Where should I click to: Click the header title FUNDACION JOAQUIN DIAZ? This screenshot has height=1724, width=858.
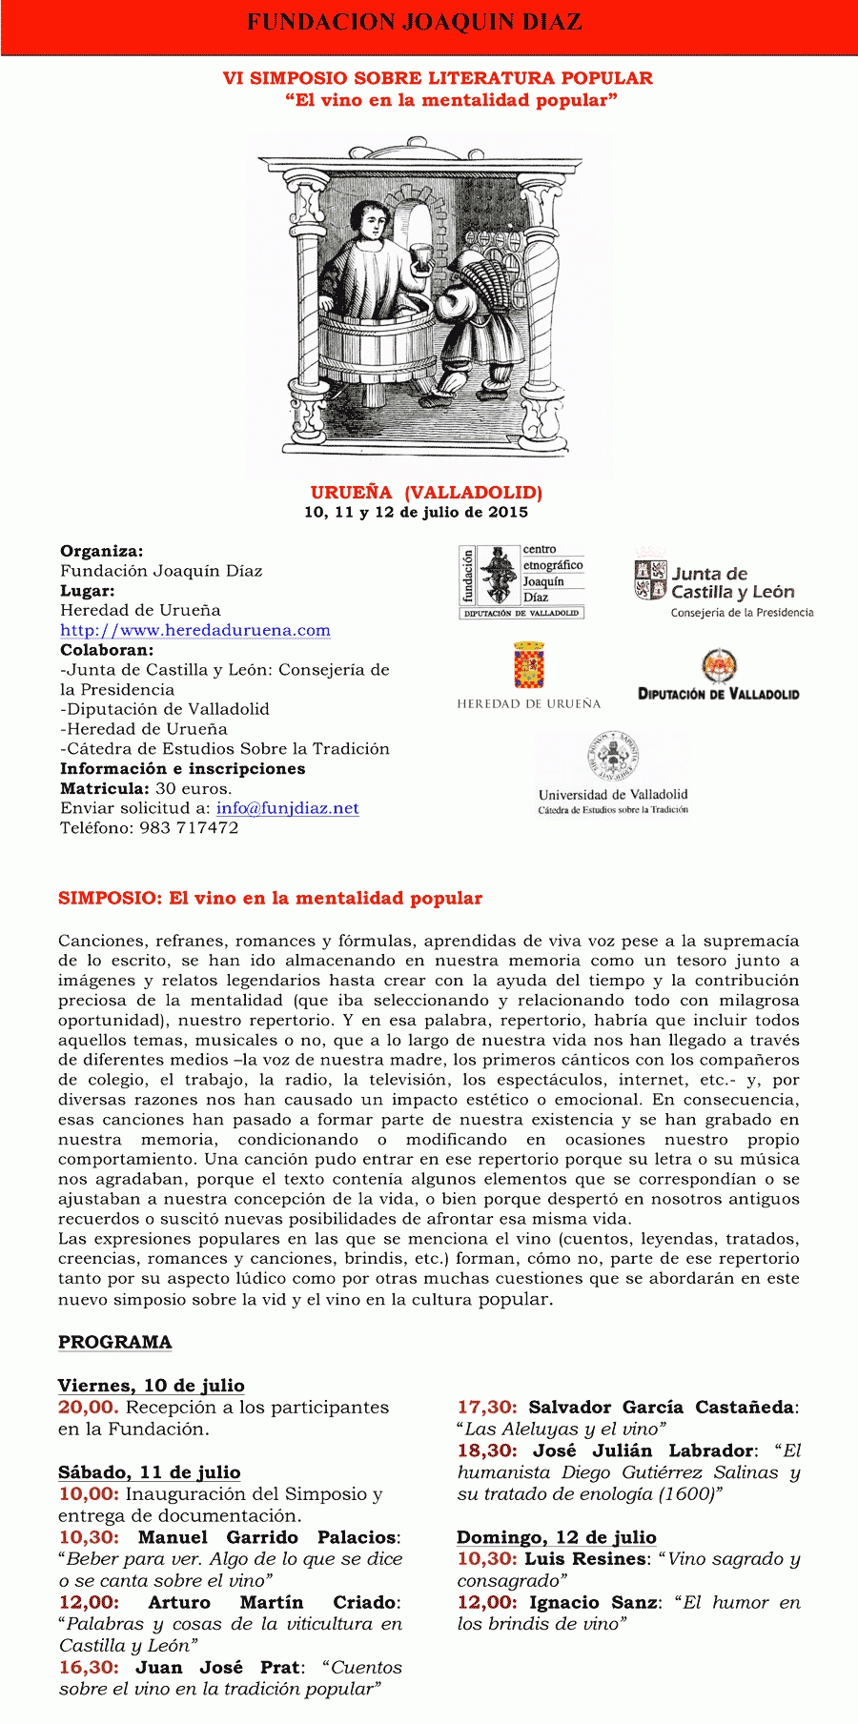click(x=415, y=22)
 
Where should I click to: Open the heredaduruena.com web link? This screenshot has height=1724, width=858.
click(x=195, y=630)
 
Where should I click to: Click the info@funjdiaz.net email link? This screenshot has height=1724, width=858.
click(x=287, y=808)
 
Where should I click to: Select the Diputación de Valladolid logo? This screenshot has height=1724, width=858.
click(x=719, y=676)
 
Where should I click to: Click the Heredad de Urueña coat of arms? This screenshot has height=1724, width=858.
click(x=529, y=665)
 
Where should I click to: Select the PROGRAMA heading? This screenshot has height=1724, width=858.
click(x=115, y=1342)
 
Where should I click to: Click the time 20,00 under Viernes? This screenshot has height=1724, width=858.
click(x=88, y=1408)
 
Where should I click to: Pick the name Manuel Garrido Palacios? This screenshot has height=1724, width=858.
click(x=268, y=1537)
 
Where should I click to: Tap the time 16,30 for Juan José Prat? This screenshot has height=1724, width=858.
click(x=89, y=1668)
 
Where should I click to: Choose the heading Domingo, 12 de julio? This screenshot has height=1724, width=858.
click(x=556, y=1537)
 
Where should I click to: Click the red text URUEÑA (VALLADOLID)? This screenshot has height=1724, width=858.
click(x=426, y=493)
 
